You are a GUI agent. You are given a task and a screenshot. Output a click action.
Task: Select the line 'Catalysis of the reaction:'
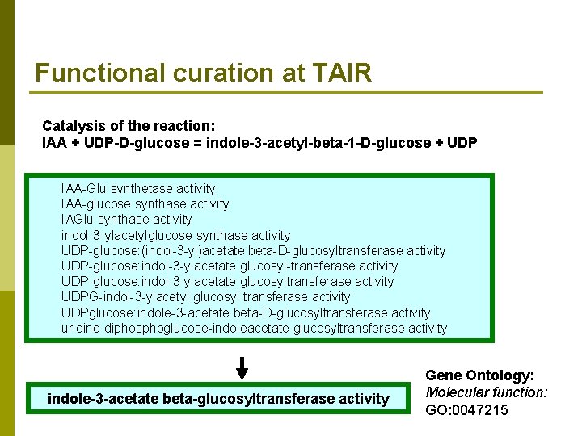click(129, 126)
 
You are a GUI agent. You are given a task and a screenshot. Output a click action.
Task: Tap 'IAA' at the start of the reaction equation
click(53, 142)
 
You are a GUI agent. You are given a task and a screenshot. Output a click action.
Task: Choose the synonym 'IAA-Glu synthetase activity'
click(138, 188)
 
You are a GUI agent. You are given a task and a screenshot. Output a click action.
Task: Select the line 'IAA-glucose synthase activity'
click(145, 203)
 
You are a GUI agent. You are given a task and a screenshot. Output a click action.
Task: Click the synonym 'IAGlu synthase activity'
click(126, 219)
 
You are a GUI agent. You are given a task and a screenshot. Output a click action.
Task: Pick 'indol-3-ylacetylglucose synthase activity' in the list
click(175, 235)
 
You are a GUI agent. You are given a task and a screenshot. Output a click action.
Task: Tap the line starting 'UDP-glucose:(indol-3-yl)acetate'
click(253, 250)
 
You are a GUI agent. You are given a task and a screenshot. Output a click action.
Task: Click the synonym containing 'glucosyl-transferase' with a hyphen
click(230, 266)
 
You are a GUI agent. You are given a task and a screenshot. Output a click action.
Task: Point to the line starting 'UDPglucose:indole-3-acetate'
click(246, 312)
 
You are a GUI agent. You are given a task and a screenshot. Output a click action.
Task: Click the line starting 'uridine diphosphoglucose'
click(254, 328)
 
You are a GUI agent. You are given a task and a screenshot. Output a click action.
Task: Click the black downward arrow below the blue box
click(242, 368)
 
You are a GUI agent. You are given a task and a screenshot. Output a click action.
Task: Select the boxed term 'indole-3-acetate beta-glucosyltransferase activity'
click(218, 399)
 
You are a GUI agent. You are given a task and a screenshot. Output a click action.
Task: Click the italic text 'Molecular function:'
click(486, 392)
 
